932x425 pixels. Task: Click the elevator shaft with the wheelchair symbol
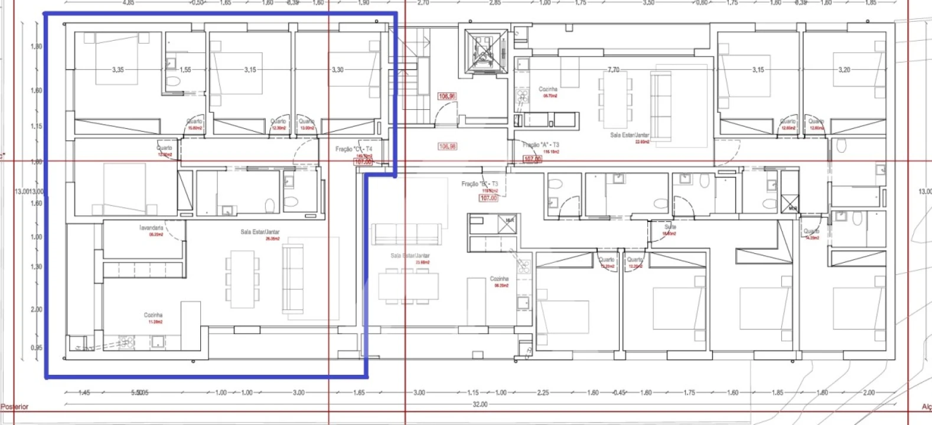(x=485, y=52)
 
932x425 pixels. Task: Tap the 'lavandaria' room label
(x=152, y=228)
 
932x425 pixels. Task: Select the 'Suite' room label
(x=670, y=227)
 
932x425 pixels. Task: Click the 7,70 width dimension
(x=614, y=70)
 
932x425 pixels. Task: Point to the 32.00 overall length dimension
(x=480, y=404)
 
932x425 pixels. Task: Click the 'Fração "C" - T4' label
(x=354, y=149)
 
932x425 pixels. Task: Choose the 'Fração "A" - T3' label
(x=540, y=145)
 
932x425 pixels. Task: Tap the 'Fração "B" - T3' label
(x=480, y=184)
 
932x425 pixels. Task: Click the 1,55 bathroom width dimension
(x=185, y=70)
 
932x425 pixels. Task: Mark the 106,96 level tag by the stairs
(x=447, y=96)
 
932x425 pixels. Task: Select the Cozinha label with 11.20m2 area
(x=153, y=316)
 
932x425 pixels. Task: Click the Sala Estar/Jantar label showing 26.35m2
(x=260, y=232)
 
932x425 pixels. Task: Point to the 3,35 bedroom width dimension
(x=118, y=70)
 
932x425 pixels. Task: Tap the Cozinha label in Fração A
(x=548, y=90)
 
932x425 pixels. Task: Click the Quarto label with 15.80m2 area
(x=194, y=122)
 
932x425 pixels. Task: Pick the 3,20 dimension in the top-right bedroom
(x=844, y=70)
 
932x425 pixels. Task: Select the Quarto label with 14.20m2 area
(x=811, y=232)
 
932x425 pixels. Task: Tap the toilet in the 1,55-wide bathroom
(x=174, y=82)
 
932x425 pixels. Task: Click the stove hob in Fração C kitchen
(x=126, y=342)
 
